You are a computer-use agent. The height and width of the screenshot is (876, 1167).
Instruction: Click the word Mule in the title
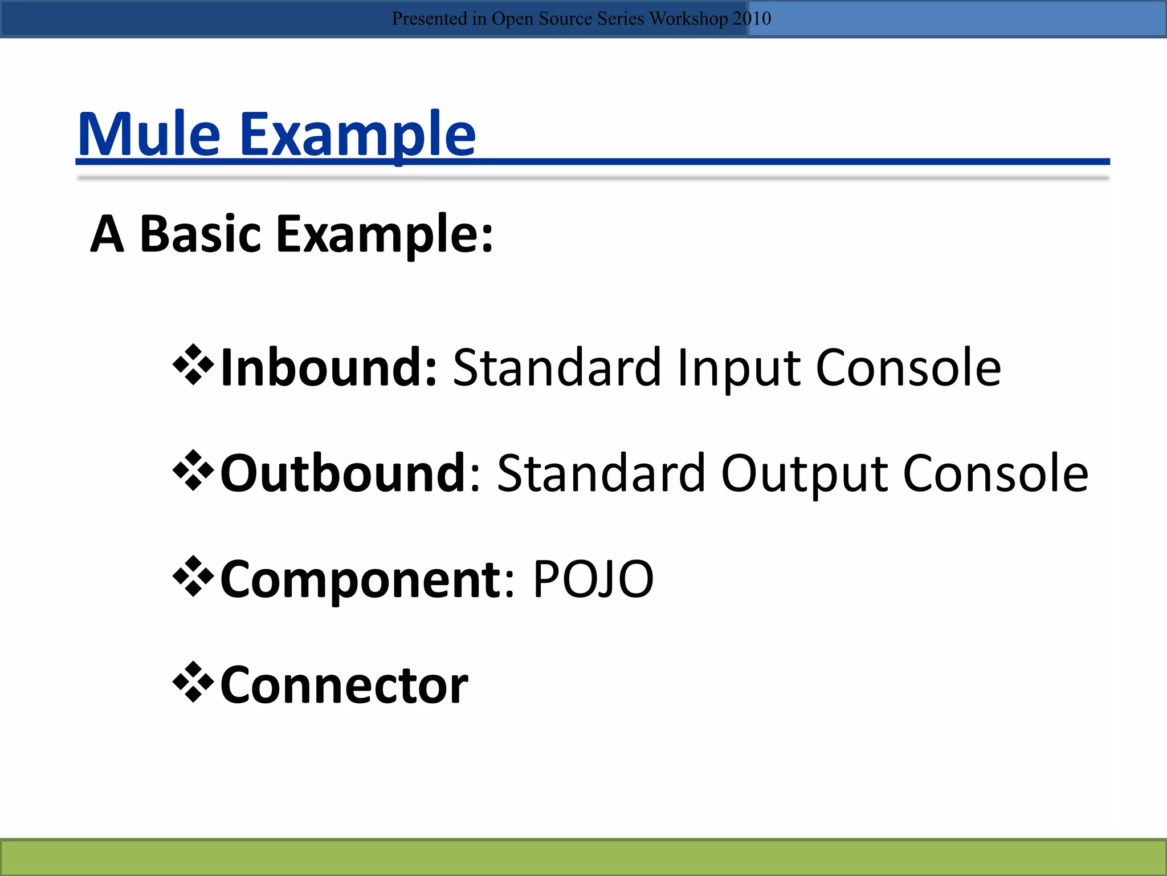point(149,135)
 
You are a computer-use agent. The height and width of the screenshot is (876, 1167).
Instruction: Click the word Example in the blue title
point(357,135)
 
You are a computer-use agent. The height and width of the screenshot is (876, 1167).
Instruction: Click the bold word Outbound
point(344,473)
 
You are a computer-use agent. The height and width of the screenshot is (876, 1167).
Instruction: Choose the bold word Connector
point(344,685)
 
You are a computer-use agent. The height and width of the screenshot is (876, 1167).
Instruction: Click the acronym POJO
point(593,579)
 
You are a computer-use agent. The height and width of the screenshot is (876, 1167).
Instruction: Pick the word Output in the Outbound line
point(804,473)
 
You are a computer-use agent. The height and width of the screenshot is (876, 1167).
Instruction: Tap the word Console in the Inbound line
point(908,368)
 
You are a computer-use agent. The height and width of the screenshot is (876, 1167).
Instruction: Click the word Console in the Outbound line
point(995,473)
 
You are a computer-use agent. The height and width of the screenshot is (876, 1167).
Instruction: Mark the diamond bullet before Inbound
point(193,365)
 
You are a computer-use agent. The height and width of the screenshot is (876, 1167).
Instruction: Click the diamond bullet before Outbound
point(193,471)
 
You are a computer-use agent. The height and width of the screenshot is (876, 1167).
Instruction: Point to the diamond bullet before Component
point(193,576)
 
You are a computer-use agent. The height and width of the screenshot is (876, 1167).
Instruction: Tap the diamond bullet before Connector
point(193,682)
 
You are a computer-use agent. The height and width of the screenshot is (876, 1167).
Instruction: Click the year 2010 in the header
point(752,19)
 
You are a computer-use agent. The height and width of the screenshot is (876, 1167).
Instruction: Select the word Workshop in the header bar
point(688,19)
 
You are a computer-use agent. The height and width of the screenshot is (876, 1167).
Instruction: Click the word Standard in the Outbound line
point(601,473)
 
